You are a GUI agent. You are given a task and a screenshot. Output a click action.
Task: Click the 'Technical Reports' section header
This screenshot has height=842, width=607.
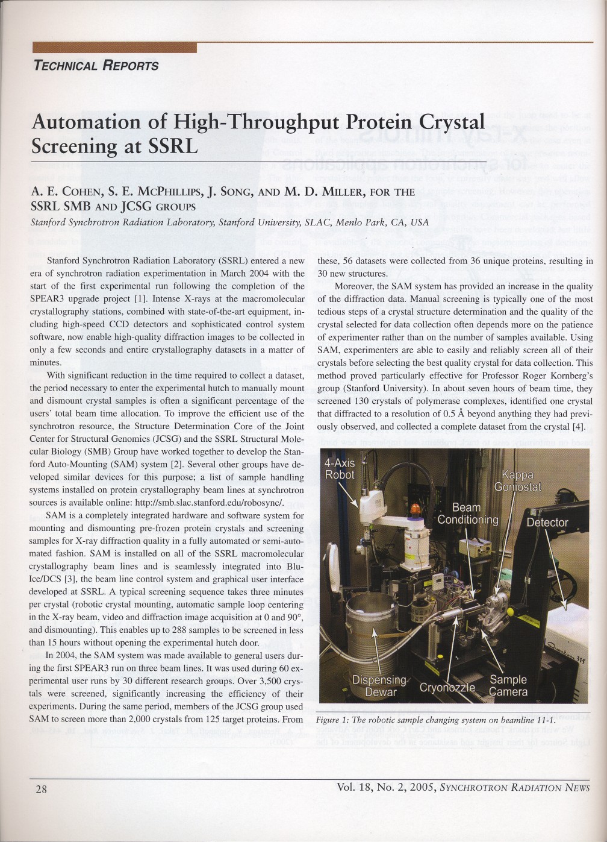[x=96, y=66]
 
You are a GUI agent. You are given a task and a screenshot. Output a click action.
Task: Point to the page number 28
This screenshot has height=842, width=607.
[x=41, y=789]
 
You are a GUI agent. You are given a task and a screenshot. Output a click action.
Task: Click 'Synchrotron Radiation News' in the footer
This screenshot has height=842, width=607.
[x=515, y=787]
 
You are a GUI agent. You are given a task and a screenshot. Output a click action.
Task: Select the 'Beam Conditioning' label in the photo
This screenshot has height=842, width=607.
[x=467, y=513]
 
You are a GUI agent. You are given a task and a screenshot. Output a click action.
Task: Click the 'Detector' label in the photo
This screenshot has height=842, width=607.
[x=547, y=522]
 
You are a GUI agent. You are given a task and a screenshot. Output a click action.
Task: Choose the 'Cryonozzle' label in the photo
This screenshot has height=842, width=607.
[x=447, y=688]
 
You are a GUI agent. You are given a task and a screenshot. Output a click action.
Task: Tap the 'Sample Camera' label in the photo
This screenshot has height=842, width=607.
[x=508, y=686]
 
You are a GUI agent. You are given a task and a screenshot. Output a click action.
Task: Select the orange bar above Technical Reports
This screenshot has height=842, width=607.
[x=114, y=48]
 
